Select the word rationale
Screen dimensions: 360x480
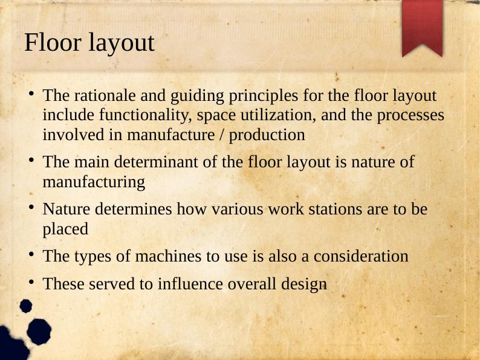click(99, 95)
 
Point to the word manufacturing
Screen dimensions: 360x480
click(94, 182)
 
